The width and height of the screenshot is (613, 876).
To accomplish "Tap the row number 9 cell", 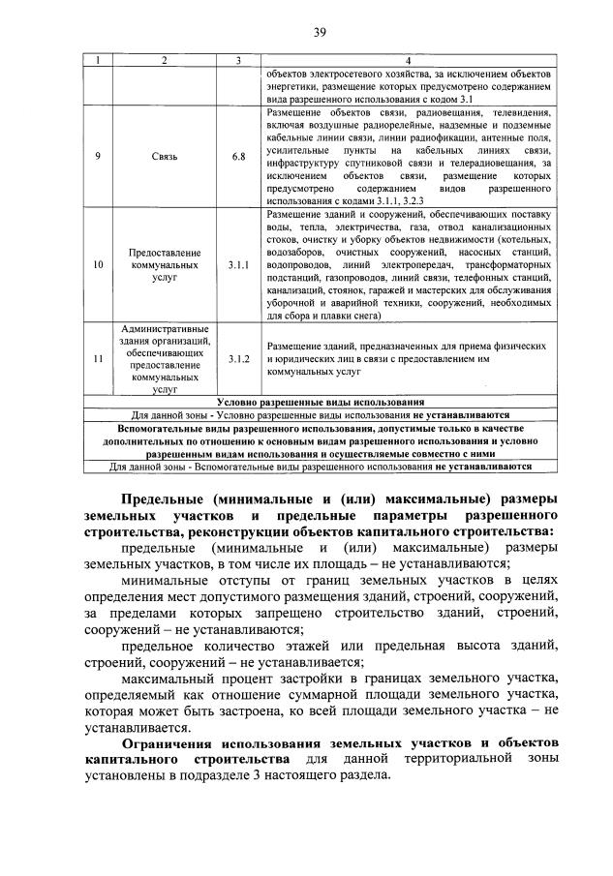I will pos(97,155).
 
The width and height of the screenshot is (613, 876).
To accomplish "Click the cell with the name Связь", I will pos(164,155).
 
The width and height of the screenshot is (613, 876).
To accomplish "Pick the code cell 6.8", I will pos(238,155).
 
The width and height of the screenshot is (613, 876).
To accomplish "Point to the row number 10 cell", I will pos(97,263).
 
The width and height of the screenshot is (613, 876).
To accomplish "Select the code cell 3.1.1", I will pos(238,263).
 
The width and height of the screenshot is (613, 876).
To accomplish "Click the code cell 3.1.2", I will pos(238,358).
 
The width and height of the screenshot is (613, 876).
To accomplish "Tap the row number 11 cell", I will pos(97,358).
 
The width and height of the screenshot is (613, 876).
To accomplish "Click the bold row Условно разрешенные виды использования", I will pos(321,401).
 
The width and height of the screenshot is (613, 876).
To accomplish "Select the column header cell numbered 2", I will pos(164,60).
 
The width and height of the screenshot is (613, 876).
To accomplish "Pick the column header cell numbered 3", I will pos(238,60).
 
